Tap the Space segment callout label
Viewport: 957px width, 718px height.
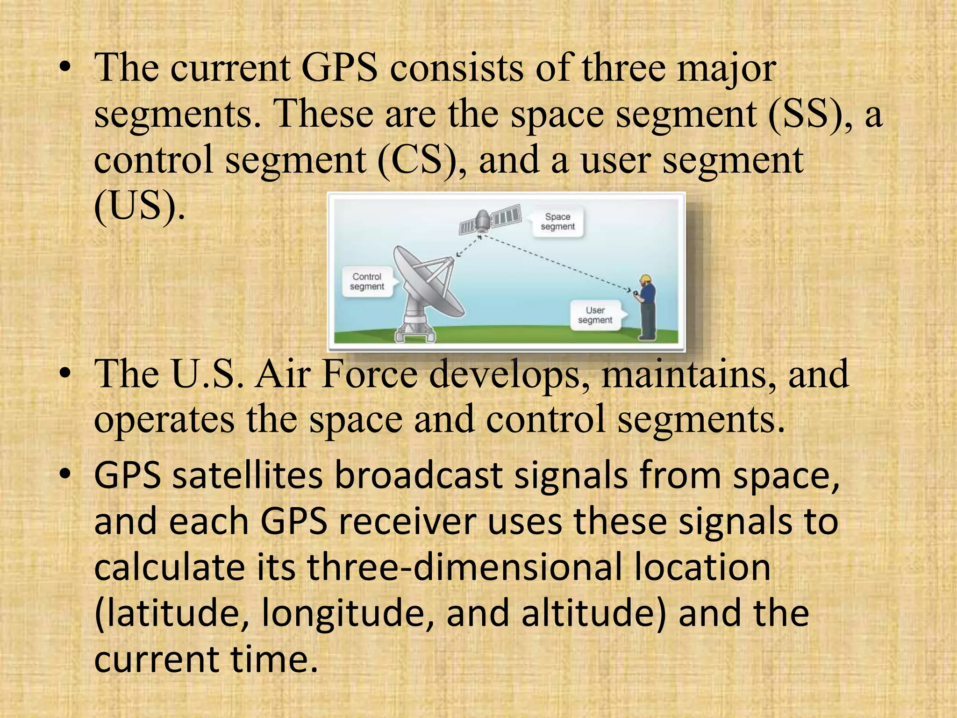point(557,222)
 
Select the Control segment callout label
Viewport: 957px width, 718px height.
point(367,281)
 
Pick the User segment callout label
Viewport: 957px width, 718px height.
point(595,315)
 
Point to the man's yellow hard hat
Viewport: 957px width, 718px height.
point(646,279)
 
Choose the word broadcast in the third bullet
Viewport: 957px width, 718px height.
point(418,475)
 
